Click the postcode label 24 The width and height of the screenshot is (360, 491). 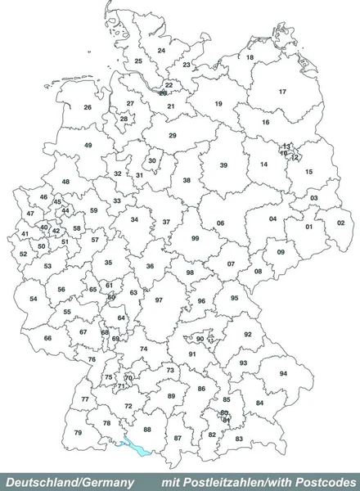[x=161, y=51]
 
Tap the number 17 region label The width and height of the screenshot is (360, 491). [x=282, y=92]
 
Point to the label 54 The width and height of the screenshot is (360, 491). [x=34, y=299]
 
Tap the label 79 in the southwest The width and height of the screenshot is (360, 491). [x=79, y=432]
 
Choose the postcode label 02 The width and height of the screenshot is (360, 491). [x=340, y=223]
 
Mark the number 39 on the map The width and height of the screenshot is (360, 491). [x=223, y=165]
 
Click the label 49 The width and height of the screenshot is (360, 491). [x=88, y=145]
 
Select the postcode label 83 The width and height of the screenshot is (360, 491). [x=239, y=439]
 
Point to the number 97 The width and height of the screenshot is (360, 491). [x=159, y=300]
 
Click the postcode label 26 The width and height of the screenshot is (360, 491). [x=88, y=107]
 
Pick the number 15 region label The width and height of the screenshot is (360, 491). [x=308, y=172]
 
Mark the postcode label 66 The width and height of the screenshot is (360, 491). [x=48, y=338]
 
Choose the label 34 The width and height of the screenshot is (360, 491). [x=134, y=220]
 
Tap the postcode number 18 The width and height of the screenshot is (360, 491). [x=250, y=57]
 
